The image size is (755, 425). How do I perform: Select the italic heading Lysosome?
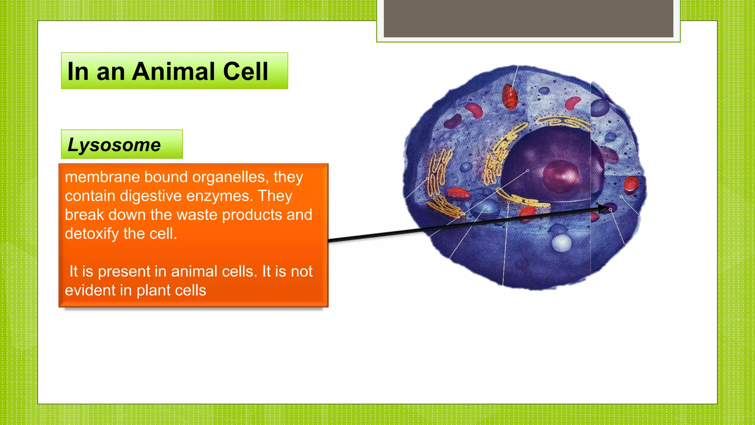tap(114, 145)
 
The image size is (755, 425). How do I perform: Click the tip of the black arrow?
tap(607, 208)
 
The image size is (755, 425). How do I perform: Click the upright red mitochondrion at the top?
tap(510, 97)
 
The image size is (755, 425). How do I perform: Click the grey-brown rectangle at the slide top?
tap(528, 18)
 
